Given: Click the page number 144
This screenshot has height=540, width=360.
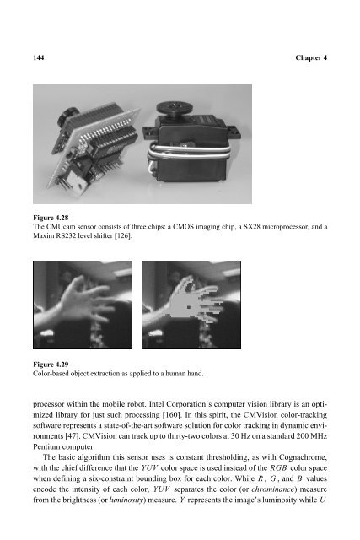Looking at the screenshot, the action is point(39,57).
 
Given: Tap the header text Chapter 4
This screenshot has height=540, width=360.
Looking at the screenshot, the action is point(311,57).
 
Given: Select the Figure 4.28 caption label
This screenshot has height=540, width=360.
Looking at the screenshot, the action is point(51,218).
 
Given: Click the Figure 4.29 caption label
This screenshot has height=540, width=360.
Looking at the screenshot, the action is point(51,364).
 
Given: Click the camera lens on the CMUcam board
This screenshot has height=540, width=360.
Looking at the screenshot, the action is point(66,116).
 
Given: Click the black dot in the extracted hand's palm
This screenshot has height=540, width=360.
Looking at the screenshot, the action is point(189,307).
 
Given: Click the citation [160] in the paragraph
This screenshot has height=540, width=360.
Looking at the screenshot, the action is point(172,414).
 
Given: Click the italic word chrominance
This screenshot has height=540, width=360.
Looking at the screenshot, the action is point(272,489).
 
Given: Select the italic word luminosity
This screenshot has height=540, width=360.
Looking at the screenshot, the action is point(126,500).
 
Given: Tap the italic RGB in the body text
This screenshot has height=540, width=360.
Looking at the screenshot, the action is point(278,468).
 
